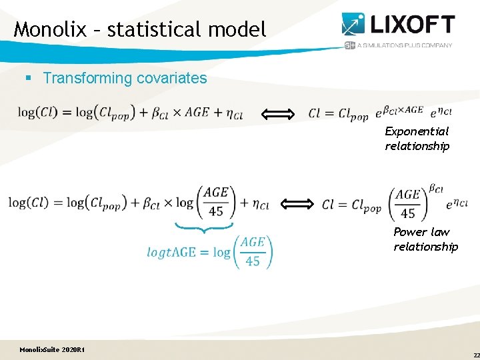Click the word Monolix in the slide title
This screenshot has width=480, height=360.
click(49, 29)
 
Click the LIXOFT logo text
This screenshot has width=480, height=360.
click(413, 25)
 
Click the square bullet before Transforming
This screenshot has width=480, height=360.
click(29, 79)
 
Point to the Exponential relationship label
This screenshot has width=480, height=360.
click(417, 139)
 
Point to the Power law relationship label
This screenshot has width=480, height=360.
click(425, 239)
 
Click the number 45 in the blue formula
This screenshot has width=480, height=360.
click(253, 261)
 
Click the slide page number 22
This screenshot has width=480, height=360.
click(476, 355)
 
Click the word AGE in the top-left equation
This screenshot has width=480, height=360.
click(197, 112)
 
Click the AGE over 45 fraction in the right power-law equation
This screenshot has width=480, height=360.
click(407, 204)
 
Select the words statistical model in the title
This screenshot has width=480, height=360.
click(186, 29)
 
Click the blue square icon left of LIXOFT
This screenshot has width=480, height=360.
click(353, 23)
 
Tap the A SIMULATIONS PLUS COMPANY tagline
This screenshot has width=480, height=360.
click(405, 45)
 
